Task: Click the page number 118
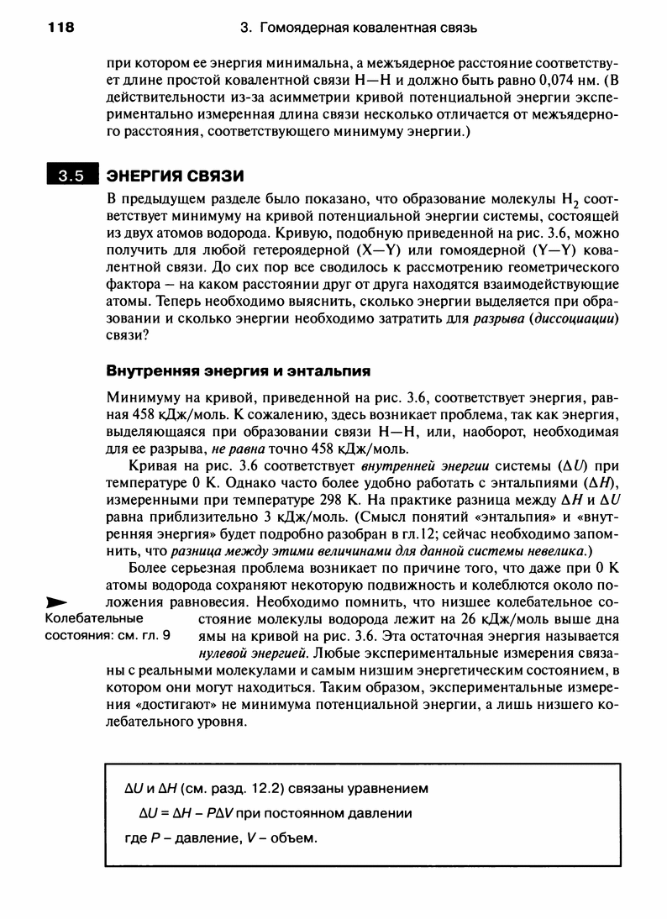(x=61, y=28)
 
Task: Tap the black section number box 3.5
(x=71, y=176)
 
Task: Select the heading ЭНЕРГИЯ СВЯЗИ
(x=175, y=176)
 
